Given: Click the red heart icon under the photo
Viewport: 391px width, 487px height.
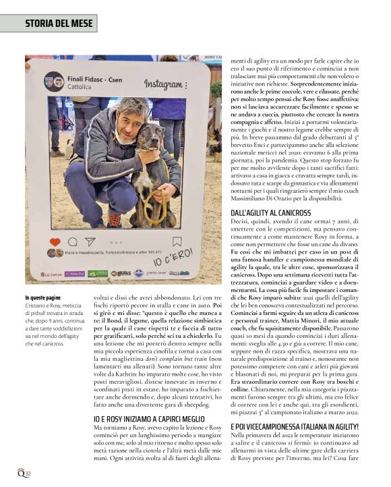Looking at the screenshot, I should pos(55,241).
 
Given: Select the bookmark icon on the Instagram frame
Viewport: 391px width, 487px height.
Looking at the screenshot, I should pos(177,241).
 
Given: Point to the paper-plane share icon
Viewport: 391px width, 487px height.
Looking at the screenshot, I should pos(90,241).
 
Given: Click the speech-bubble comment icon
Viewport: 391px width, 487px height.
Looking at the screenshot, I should pos(72,241).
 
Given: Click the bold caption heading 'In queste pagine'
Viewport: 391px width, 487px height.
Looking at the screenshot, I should pos(43,297).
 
